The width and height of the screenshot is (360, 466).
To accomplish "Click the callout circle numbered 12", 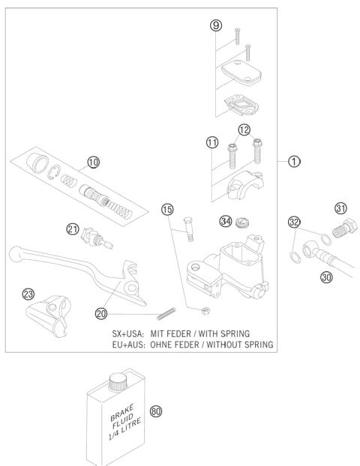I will click(x=244, y=133).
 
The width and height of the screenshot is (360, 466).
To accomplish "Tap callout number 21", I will click(x=73, y=229).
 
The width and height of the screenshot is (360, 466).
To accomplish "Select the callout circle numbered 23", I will click(x=28, y=294).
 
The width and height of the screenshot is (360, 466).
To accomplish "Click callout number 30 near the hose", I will click(x=325, y=275).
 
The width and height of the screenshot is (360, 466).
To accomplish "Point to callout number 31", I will click(x=340, y=208).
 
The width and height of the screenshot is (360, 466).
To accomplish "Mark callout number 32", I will click(x=294, y=222).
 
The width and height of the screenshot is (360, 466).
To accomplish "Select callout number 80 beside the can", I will click(x=156, y=411).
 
